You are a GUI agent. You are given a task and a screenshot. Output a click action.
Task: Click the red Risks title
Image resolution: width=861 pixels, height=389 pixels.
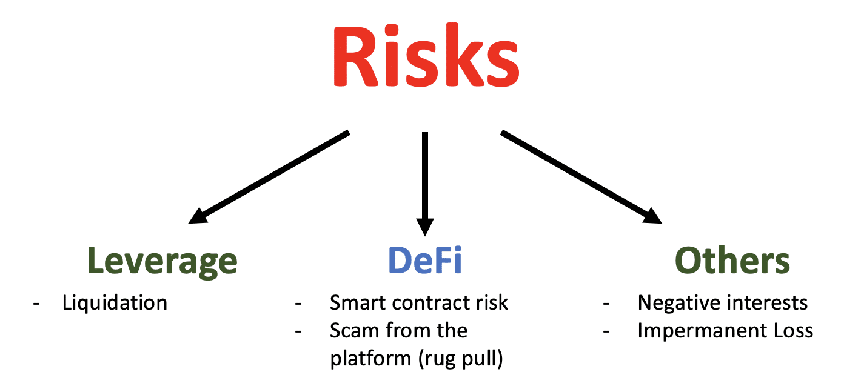click(426, 55)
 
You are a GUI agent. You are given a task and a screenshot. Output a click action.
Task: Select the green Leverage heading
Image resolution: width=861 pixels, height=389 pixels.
click(162, 262)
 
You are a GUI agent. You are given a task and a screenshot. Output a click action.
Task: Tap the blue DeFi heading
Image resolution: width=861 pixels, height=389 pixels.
click(424, 261)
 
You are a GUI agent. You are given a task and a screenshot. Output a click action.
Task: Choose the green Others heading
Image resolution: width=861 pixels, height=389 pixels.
click(732, 261)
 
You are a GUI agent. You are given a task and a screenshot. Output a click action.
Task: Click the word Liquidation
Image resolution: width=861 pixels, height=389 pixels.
click(115, 302)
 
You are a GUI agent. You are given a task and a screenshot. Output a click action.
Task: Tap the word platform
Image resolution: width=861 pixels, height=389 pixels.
click(371, 359)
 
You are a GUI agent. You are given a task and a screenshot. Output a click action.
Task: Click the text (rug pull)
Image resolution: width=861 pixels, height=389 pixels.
click(461, 359)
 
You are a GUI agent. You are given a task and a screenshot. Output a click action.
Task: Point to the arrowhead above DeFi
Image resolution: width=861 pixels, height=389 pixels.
click(425, 227)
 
